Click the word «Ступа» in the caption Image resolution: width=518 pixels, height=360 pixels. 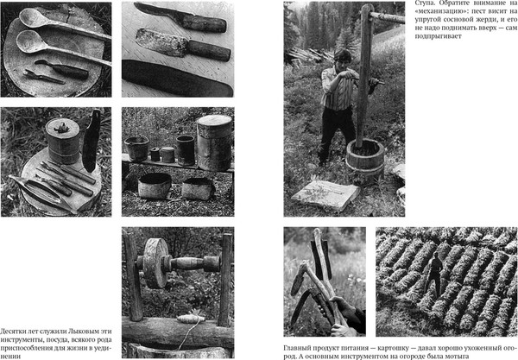[x=424, y=3]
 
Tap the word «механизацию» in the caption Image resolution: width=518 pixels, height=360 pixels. [x=436, y=11]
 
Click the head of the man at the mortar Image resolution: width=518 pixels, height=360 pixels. [x=342, y=58]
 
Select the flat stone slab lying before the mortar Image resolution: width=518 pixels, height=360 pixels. [x=325, y=194]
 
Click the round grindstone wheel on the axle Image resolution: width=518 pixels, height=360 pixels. [x=155, y=262]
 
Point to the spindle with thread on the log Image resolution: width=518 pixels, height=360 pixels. [x=191, y=319]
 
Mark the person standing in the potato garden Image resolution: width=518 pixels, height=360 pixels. [x=434, y=274]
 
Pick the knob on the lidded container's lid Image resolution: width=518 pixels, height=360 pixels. [x=61, y=128]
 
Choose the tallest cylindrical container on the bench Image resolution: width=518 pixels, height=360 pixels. [x=215, y=142]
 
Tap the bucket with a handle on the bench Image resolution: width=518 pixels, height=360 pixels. [x=136, y=148]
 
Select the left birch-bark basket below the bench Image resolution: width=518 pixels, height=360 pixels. [x=155, y=186]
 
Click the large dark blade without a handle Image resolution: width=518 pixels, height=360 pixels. [x=177, y=79]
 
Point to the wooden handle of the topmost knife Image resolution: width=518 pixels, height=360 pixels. [x=204, y=23]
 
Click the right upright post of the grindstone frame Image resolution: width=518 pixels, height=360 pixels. [x=225, y=280]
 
